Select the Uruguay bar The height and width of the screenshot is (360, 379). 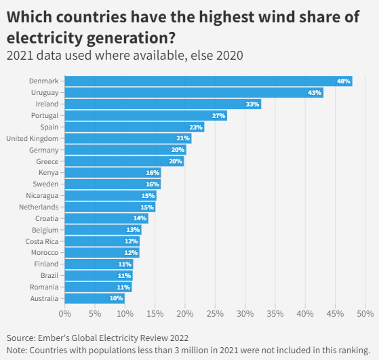tap(193, 93)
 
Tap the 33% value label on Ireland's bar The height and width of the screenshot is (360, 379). tap(252, 104)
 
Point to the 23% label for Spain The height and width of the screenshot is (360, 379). tap(196, 127)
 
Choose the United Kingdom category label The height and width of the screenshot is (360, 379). tap(32, 138)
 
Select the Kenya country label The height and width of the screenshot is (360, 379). tap(48, 173)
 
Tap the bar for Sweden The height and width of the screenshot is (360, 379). tap(112, 184)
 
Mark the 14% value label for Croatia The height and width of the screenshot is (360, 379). tap(140, 218)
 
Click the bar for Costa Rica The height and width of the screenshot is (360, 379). tap(102, 241)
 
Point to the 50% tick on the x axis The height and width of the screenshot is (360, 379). tap(365, 313)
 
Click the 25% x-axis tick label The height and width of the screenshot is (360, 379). tap(215, 313)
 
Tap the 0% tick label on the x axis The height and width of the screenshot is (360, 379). tap(65, 313)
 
